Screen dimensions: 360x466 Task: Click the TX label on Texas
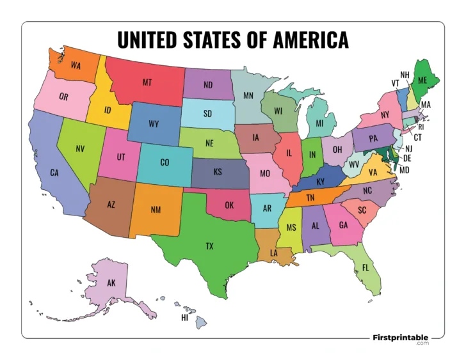point(209,246)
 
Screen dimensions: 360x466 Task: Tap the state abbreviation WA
point(76,65)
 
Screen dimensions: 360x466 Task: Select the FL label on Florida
point(366,267)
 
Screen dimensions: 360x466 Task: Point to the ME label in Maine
point(422,81)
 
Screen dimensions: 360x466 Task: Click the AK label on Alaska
point(111,283)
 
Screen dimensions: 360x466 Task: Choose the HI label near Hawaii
point(184,317)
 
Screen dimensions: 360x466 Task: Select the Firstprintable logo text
point(400,336)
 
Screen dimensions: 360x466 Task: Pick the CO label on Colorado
point(165,162)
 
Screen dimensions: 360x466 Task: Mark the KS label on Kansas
point(218,171)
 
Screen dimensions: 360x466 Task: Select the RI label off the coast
point(421,127)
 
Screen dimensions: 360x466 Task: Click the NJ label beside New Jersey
point(409,148)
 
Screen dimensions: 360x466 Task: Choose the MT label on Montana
point(147,82)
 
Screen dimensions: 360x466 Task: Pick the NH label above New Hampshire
point(405,75)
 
